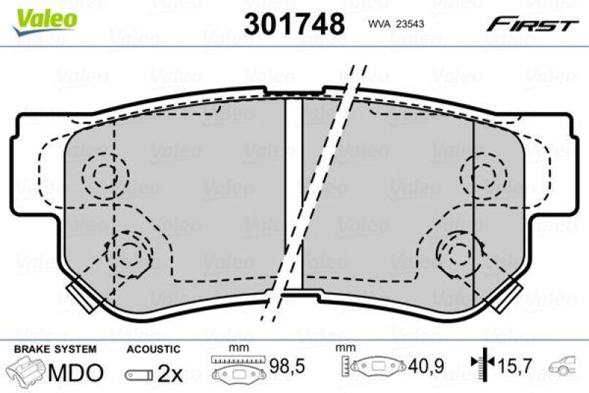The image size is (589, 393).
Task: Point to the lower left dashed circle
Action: click(x=130, y=252)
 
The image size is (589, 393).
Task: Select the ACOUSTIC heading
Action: click(x=152, y=348)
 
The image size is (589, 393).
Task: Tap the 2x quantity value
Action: click(x=169, y=373)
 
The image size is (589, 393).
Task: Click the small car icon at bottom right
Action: click(x=569, y=366)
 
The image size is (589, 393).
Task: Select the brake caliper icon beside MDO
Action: click(x=27, y=372)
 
